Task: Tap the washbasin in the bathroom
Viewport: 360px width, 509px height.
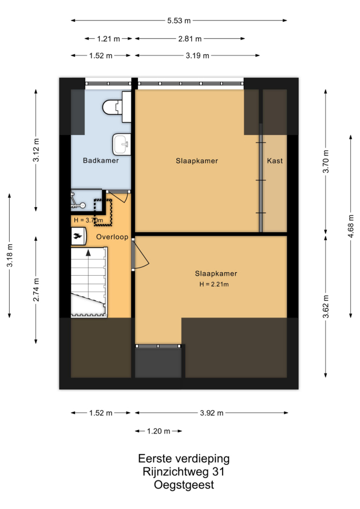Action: [122, 144]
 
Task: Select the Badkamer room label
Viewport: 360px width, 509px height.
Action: [101, 160]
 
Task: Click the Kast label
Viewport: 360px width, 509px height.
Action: [275, 161]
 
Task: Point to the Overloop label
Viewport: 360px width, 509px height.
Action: [112, 237]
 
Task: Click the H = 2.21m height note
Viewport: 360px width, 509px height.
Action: [214, 284]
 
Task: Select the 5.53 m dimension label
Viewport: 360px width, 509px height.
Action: [179, 21]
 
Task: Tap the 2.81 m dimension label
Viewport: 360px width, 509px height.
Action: [190, 39]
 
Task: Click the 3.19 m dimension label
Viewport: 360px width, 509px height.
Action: [197, 55]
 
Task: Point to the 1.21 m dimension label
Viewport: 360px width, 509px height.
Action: [109, 39]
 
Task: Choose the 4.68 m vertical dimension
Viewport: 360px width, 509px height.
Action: [351, 226]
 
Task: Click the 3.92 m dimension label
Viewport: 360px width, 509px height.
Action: [212, 413]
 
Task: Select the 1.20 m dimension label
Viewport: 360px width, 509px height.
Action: [159, 431]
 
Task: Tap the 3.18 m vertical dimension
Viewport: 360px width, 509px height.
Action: [10, 255]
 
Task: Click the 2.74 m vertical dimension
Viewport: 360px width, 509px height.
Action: [36, 290]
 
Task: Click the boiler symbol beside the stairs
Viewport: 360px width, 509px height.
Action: [78, 236]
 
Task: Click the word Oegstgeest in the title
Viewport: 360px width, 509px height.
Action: [184, 484]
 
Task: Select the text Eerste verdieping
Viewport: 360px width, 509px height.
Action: [184, 458]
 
